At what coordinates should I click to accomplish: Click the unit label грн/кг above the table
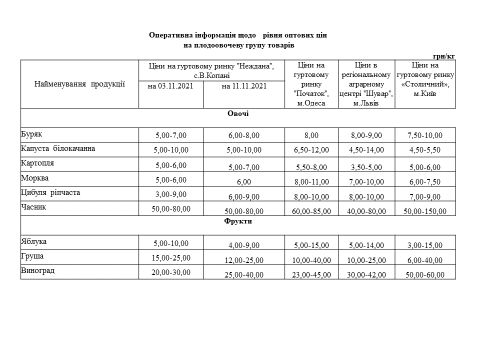pos(444,56)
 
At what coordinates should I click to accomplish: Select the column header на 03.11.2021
pos(170,86)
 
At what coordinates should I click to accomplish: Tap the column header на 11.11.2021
pos(244,86)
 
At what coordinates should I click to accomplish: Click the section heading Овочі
pos(238,114)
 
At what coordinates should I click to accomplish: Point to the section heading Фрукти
pos(238,221)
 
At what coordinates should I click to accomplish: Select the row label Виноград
pos(37,270)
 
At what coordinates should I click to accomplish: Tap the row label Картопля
pos(37,163)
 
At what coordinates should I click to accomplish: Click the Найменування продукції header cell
pos(79,84)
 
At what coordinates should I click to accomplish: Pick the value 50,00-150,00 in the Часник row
pos(425,211)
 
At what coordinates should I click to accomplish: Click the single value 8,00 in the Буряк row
pos(311,135)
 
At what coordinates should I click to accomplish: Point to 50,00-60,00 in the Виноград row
pos(425,275)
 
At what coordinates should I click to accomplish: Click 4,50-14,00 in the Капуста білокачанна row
pos(366,150)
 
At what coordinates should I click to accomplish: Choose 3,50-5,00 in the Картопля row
pos(366,167)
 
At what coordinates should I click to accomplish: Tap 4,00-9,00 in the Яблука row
pos(244,245)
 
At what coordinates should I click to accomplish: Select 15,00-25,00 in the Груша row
pos(170,257)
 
